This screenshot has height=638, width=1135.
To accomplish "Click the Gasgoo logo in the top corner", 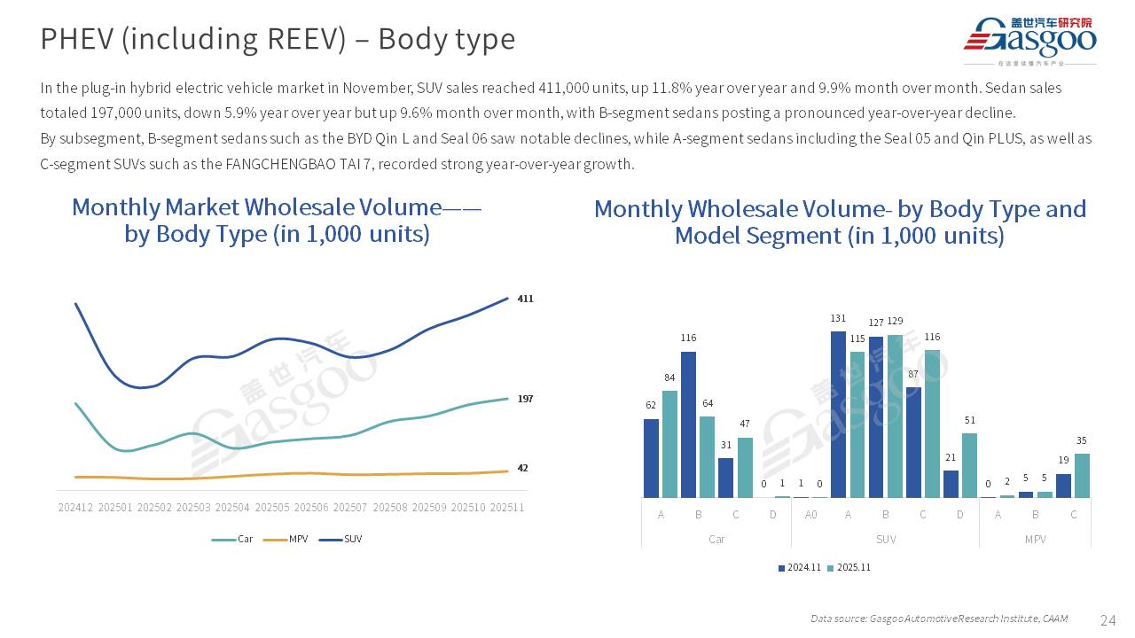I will click(1029, 40).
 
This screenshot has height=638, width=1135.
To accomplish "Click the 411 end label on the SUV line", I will click(525, 299).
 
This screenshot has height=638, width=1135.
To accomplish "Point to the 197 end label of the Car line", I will click(525, 399).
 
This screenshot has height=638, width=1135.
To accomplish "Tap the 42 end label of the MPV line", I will click(522, 468).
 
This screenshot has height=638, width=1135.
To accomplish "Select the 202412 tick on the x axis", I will click(76, 508).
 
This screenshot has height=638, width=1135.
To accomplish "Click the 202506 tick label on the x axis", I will click(311, 508).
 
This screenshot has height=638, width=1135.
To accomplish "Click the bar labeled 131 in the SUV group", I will click(838, 414).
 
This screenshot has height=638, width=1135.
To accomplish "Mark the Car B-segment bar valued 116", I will click(688, 424).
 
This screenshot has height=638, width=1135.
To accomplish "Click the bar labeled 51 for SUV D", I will click(969, 465).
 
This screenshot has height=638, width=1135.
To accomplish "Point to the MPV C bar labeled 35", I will click(1082, 476).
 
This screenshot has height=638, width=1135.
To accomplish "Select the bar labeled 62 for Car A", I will click(651, 458).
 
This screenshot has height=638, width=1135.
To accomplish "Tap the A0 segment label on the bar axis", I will click(810, 515).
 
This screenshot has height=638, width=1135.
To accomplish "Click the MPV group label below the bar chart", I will click(1035, 539).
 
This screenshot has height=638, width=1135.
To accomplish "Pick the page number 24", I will click(1108, 619).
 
